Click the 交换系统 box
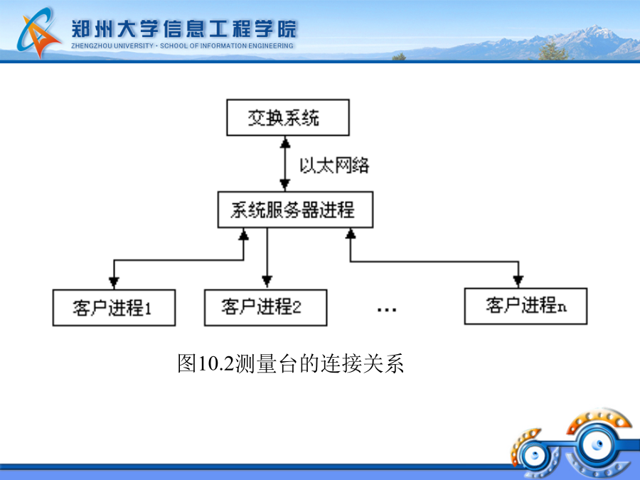(288, 117)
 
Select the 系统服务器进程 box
(295, 210)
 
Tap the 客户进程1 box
(114, 308)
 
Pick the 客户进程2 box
(265, 307)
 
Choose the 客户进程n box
(526, 306)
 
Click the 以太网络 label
(334, 165)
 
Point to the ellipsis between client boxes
(387, 310)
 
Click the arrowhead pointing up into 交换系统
(285, 142)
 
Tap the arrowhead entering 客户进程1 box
(114, 283)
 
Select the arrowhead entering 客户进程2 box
(267, 282)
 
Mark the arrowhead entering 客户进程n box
(518, 281)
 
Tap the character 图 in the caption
(187, 363)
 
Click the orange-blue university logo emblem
(38, 33)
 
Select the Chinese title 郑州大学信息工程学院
(184, 28)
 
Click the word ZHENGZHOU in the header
(92, 46)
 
